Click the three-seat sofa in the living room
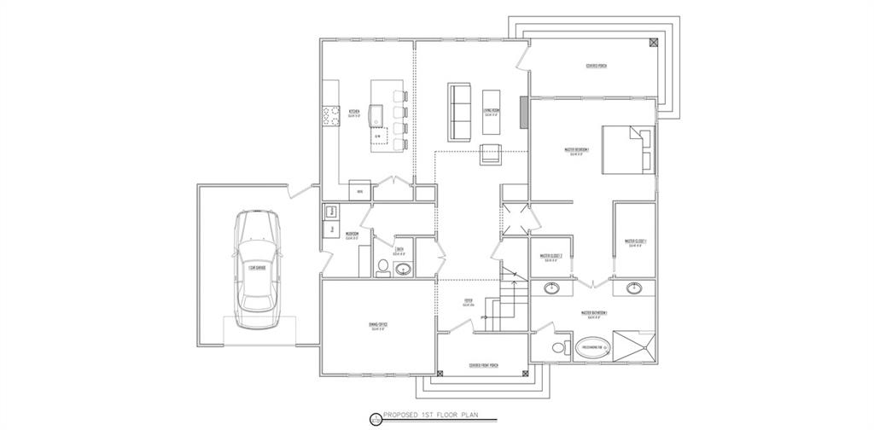[x=459, y=113]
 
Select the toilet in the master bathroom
[x=559, y=348]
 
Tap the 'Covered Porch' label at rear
[x=597, y=67]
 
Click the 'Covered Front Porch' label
[x=484, y=366]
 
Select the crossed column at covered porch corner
[x=653, y=42]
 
